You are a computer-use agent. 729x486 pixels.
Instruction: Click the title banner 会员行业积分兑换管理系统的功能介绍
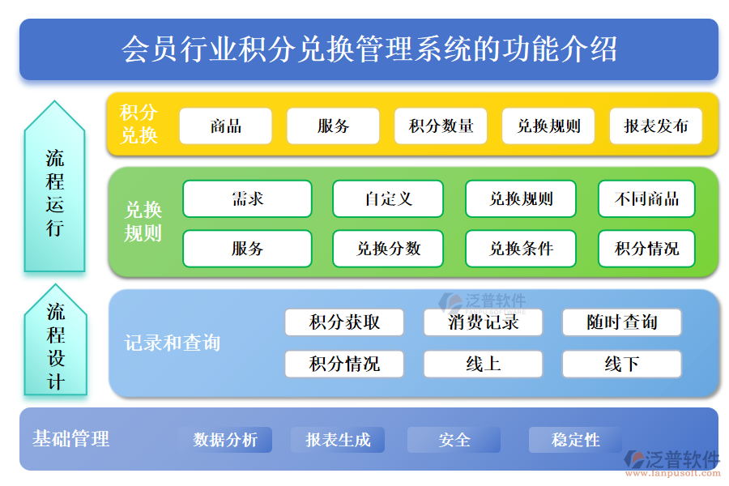[x=369, y=49]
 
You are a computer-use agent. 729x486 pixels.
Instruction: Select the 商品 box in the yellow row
[x=225, y=126]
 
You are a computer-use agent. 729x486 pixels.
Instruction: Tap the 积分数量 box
[x=441, y=126]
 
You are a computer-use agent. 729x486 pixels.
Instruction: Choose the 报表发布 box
[x=655, y=126]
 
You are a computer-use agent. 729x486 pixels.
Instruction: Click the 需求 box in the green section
[x=247, y=198]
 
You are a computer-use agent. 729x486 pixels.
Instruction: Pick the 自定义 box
[x=388, y=198]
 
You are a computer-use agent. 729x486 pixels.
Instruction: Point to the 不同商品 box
[x=646, y=198]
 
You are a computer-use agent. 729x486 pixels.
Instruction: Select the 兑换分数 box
[x=388, y=249]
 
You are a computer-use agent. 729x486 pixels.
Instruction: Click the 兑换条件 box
[x=521, y=249]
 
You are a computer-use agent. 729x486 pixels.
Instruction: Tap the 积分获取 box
[x=344, y=322]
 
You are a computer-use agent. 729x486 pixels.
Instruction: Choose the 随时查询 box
[x=621, y=322]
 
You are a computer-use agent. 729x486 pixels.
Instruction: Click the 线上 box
[x=483, y=364]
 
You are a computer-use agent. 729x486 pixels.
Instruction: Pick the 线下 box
[x=621, y=364]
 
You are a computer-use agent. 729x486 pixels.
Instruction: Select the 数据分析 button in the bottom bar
[x=225, y=440]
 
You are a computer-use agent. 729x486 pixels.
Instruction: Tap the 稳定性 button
[x=575, y=440]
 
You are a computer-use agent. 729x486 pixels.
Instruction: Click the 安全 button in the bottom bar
[x=454, y=440]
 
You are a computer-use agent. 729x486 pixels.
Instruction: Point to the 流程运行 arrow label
[x=54, y=192]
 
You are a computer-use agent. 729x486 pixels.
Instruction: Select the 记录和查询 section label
[x=172, y=343]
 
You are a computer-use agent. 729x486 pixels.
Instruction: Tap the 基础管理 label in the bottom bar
[x=70, y=439]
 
